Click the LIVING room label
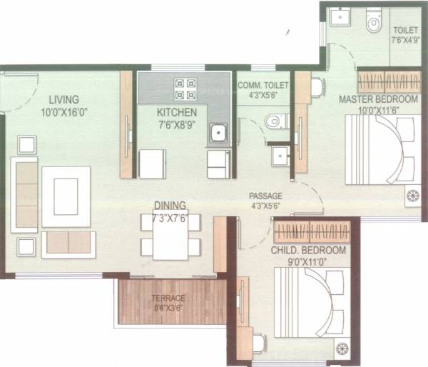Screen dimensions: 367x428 coord(64,99)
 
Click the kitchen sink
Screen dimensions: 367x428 coord(217,133)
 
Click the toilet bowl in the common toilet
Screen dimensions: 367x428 coord(272,121)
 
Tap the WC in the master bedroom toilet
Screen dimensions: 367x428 coord(373,23)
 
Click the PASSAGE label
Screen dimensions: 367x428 coord(265,196)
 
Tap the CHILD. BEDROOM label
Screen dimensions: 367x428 coord(308,251)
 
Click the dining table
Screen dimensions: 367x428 coord(170,235)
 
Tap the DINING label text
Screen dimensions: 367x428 coord(170,205)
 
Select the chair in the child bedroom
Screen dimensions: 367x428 coord(258,344)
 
